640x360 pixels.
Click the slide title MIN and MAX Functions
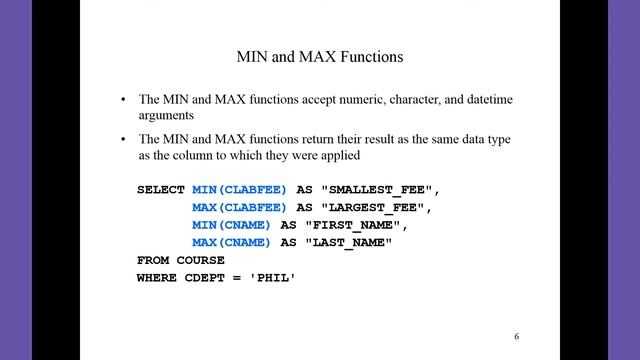(x=320, y=57)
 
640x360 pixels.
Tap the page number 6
(x=516, y=336)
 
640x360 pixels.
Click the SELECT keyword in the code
(x=161, y=190)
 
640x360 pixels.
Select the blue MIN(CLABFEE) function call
(x=239, y=190)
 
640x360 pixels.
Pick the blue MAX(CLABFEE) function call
(x=239, y=207)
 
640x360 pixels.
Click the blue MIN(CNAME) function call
(x=231, y=225)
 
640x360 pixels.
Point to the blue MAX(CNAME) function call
(x=231, y=242)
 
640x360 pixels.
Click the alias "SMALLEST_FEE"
(x=376, y=190)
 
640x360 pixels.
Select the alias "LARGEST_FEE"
(x=373, y=208)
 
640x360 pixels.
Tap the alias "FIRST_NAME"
(x=353, y=225)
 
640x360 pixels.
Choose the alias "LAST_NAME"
(x=349, y=243)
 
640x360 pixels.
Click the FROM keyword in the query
(x=153, y=260)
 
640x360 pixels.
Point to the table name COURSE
(x=200, y=260)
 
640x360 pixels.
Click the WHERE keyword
(x=157, y=278)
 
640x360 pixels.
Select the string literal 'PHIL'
(x=272, y=278)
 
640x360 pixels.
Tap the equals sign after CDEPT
(x=237, y=278)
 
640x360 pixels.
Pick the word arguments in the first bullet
(x=166, y=116)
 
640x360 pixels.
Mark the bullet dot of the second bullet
(x=123, y=139)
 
